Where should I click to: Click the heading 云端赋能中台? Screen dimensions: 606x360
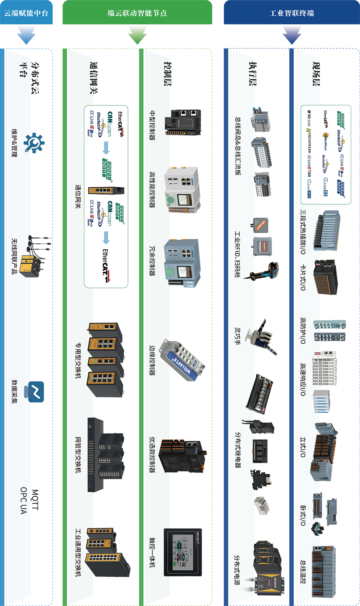tap(26, 13)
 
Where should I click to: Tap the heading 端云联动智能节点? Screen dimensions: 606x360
tap(137, 13)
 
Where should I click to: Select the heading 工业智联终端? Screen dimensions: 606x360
tap(292, 13)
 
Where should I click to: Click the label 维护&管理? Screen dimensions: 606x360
tap(14, 143)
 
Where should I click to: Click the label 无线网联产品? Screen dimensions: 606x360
tap(14, 256)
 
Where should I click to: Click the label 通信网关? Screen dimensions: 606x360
tap(78, 196)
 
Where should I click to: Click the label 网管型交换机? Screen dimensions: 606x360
tap(78, 454)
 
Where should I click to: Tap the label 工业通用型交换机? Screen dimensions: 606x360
tap(78, 552)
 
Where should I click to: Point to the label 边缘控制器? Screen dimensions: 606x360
tap(152, 360)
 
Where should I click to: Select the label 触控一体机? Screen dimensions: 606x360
tap(152, 552)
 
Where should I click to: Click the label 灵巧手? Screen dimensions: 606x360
tap(237, 335)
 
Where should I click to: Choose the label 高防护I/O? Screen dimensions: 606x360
tap(303, 330)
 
